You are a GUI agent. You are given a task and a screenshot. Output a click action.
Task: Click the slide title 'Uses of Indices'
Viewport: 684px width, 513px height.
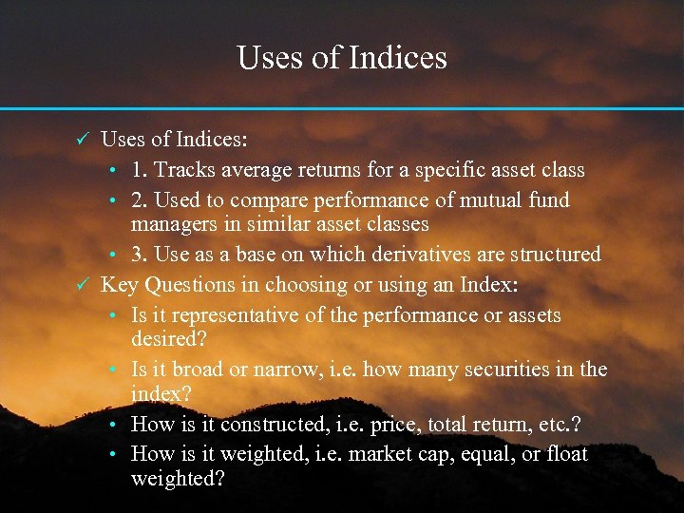click(342, 58)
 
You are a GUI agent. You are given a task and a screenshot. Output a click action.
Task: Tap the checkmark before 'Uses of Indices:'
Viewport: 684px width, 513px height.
click(82, 141)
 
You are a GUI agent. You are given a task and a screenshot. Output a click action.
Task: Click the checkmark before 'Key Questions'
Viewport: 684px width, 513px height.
click(82, 284)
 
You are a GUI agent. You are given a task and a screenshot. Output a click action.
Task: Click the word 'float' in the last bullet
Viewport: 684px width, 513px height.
click(567, 454)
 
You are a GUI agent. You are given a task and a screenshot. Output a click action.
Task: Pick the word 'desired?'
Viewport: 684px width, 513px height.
click(168, 338)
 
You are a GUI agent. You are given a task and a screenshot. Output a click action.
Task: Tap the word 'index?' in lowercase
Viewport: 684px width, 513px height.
click(161, 393)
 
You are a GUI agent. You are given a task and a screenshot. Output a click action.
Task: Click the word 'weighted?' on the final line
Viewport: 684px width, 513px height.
click(178, 478)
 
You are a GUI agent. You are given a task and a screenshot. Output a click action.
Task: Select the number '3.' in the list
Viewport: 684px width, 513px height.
click(139, 255)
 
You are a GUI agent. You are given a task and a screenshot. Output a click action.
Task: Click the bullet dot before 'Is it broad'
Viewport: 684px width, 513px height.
click(113, 370)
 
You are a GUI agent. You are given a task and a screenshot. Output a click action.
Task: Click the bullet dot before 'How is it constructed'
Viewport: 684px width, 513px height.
click(113, 425)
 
